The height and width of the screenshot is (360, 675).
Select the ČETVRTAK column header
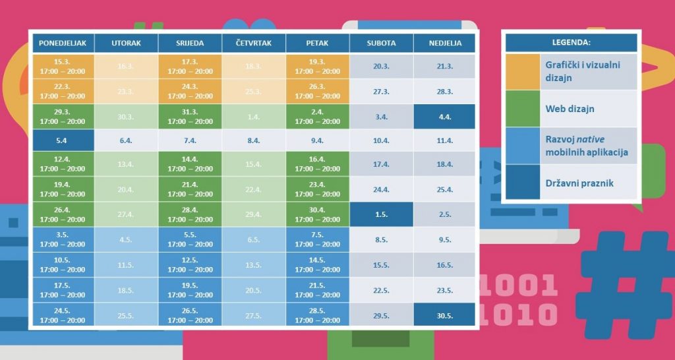pyautogui.click(x=254, y=44)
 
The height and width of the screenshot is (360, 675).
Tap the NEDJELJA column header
pyautogui.click(x=444, y=44)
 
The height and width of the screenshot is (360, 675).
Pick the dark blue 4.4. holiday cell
pyautogui.click(x=444, y=117)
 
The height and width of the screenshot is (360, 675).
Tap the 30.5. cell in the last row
pyautogui.click(x=444, y=316)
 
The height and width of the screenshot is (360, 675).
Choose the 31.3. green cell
pyautogui.click(x=190, y=117)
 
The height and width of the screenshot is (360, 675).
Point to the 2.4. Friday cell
pyautogui.click(x=318, y=117)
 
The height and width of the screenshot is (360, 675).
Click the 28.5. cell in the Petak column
pyautogui.click(x=318, y=316)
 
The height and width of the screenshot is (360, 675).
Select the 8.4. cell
pyautogui.click(x=254, y=140)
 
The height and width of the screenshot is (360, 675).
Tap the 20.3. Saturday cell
pyautogui.click(x=381, y=66)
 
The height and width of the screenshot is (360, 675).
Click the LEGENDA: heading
pyautogui.click(x=571, y=43)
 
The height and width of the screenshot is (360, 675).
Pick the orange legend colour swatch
pyautogui.click(x=523, y=71)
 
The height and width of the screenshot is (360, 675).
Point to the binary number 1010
pyautogui.click(x=518, y=314)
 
